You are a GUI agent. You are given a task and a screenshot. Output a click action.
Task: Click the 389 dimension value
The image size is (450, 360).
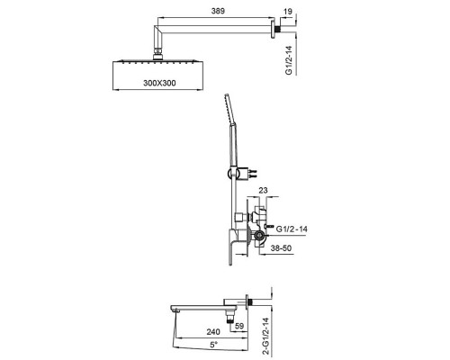click(x=218, y=11)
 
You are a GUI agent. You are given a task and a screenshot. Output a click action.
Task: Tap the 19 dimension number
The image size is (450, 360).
click(x=287, y=12)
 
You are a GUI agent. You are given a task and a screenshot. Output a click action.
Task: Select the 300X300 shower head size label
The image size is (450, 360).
click(x=159, y=83)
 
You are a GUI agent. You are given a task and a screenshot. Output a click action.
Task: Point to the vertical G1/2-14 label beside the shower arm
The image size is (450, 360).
click(x=289, y=60)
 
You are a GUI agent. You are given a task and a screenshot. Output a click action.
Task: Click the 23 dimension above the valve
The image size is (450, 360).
click(x=263, y=190)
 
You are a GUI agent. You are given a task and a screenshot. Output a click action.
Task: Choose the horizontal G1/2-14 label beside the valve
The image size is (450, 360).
click(x=292, y=229)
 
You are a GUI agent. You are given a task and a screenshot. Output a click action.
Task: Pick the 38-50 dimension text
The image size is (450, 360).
click(x=281, y=248)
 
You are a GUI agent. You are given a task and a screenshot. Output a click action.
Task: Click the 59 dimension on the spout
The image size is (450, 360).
click(x=239, y=326)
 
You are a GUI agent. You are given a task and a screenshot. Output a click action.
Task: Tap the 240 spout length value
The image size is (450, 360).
click(x=213, y=332)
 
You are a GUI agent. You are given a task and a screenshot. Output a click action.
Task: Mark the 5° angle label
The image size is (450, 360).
click(x=213, y=345)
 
